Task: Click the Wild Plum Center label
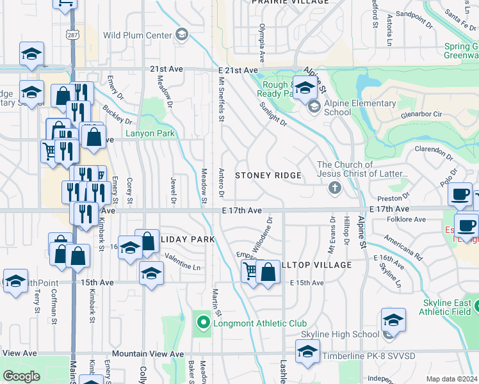[x=142, y=35]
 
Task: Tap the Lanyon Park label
[x=150, y=134]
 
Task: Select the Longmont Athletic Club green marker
[x=203, y=323]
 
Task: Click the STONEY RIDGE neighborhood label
[x=268, y=175]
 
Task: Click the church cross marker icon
[x=334, y=188]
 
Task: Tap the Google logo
[x=22, y=376]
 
